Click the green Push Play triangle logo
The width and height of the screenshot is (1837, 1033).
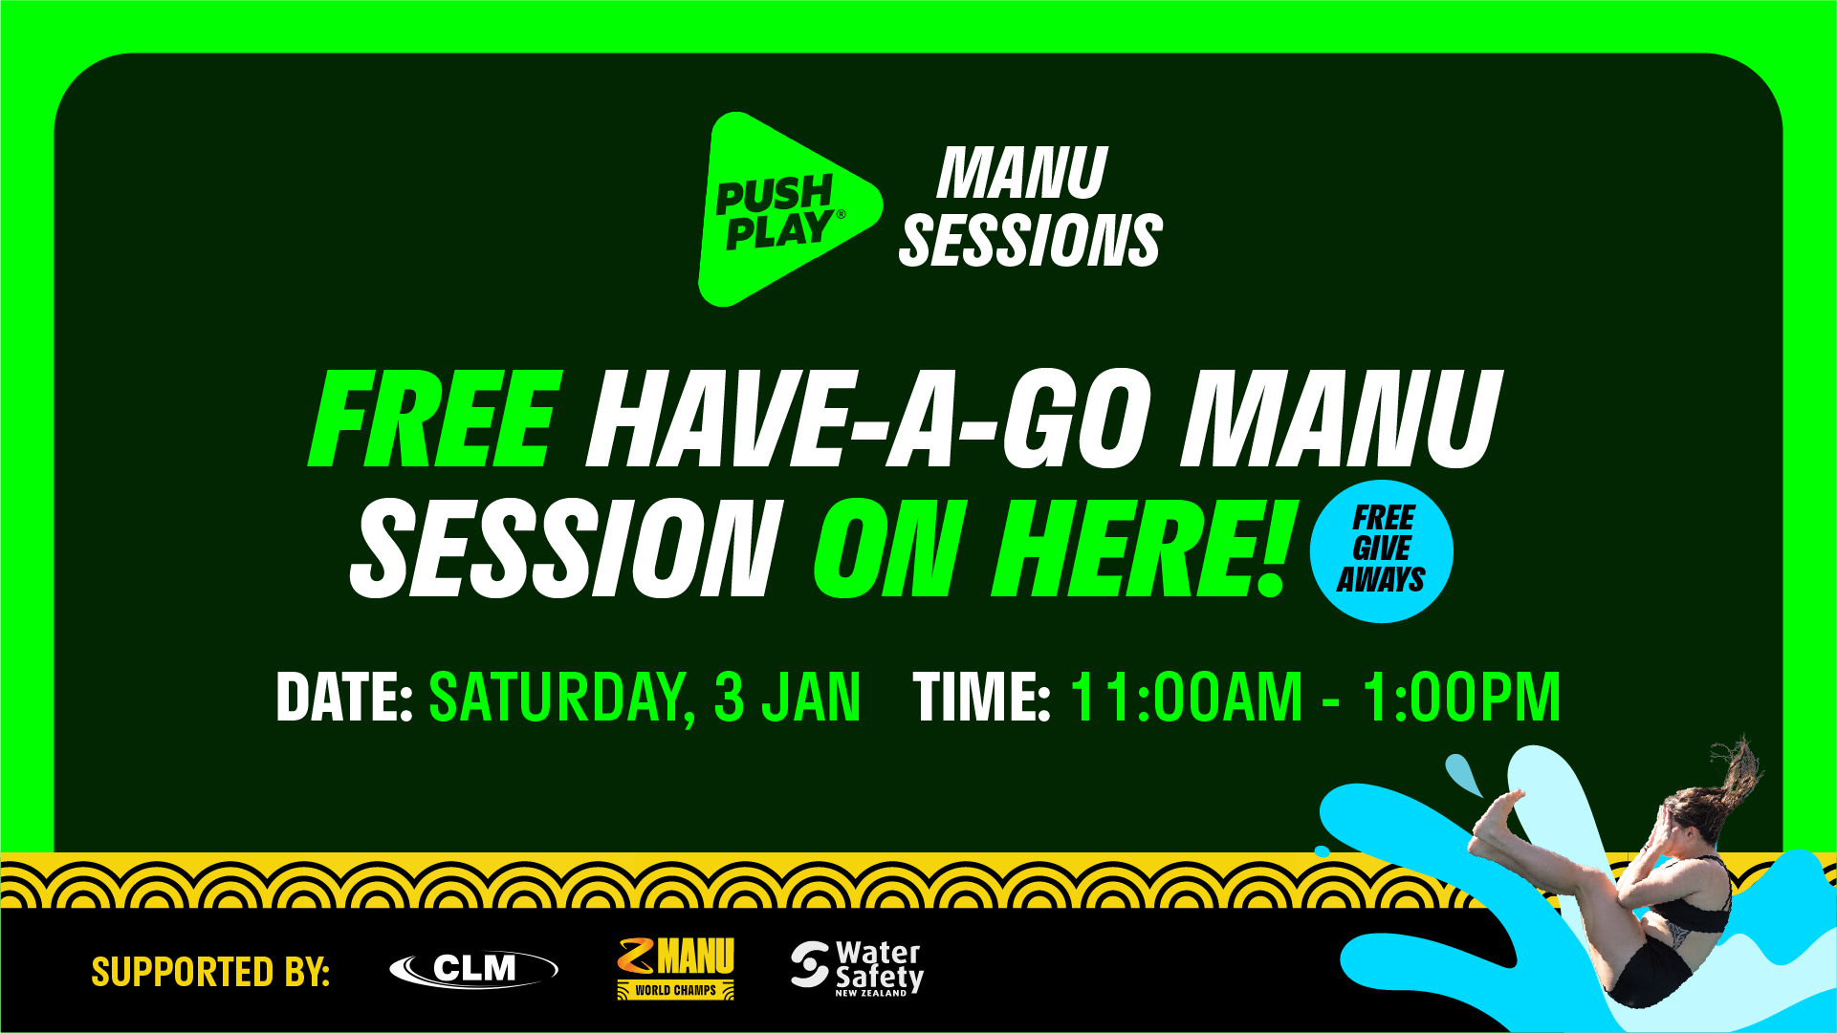point(784,210)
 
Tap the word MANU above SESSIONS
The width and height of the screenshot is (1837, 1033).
point(1022,173)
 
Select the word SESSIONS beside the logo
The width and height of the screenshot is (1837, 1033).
point(1031,240)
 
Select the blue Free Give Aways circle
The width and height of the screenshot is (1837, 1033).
point(1381,550)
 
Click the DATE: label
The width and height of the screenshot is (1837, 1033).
point(344,697)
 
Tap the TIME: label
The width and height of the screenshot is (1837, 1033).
point(982,697)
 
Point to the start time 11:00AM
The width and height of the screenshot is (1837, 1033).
point(1187,697)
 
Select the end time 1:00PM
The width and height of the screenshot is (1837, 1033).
point(1462,697)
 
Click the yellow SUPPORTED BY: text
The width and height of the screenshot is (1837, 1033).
point(210,972)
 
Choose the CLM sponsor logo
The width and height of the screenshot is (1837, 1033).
point(473,969)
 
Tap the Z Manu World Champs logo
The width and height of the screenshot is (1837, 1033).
point(676,968)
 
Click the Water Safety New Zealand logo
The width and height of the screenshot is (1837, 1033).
point(857,968)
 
